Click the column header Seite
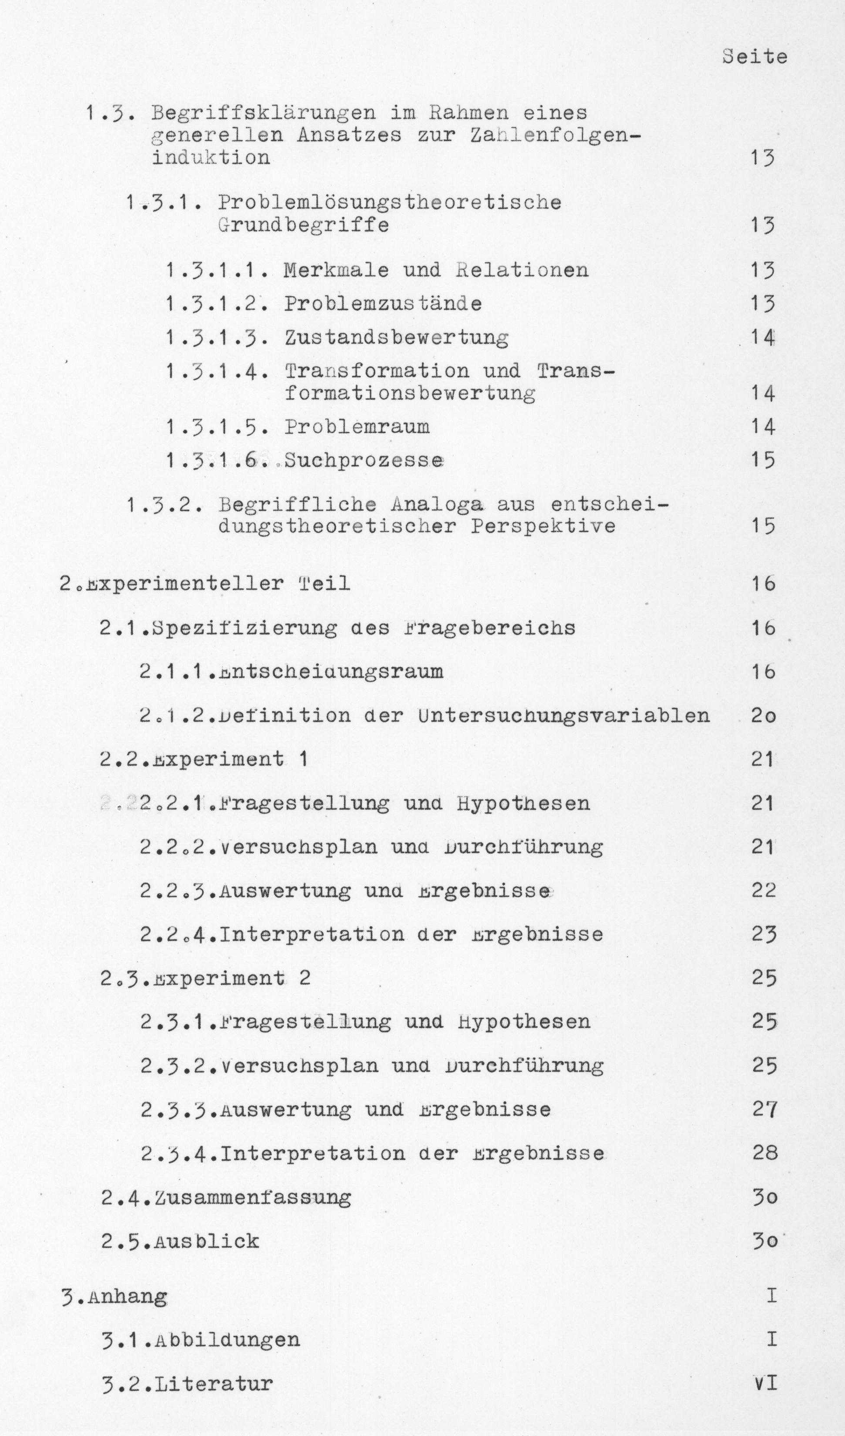click(755, 56)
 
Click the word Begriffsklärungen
click(263, 112)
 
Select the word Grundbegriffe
click(303, 225)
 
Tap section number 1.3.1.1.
click(218, 270)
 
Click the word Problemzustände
click(383, 304)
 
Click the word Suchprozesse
click(364, 460)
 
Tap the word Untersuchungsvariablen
click(564, 716)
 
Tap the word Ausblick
click(206, 1241)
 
